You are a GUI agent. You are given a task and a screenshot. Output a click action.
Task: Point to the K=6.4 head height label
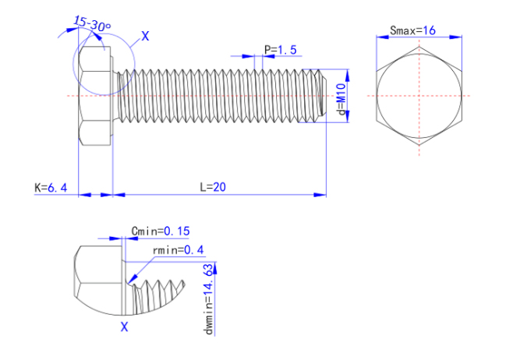51,187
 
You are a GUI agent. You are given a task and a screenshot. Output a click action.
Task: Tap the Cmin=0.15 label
161,231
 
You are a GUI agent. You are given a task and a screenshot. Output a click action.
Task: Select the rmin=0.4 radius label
177,250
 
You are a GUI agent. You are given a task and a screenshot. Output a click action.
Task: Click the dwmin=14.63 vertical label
208,299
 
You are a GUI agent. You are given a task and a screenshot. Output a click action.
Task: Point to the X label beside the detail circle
145,36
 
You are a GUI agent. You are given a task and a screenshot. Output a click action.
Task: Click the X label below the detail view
123,328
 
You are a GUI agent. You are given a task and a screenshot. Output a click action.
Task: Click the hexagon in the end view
419,96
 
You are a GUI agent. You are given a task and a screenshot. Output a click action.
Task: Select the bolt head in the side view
97,96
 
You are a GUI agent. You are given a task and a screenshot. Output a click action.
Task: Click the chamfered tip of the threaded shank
320,96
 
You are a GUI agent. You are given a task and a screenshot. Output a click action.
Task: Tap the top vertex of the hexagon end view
419,46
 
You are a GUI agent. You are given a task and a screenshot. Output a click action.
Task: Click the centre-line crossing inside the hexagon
419,96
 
